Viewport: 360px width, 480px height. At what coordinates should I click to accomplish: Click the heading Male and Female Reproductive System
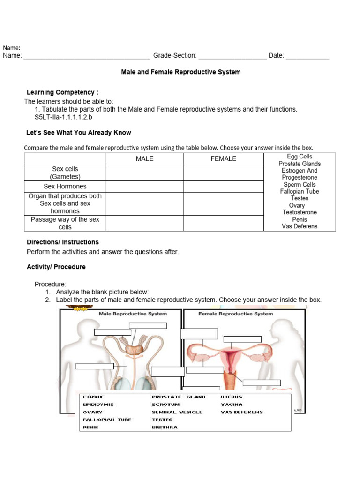(x=181, y=72)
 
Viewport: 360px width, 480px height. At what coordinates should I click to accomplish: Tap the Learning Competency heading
(x=62, y=92)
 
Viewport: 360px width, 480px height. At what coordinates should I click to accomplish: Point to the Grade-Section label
(x=175, y=55)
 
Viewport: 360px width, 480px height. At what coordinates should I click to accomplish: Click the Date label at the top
(x=276, y=55)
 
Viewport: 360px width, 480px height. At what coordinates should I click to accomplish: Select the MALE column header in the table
(x=144, y=159)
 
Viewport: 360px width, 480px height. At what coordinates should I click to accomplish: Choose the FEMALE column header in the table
(x=223, y=159)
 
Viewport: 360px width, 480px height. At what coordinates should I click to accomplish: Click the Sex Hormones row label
(x=65, y=186)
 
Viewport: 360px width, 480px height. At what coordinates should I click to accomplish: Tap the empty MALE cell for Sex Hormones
(x=144, y=186)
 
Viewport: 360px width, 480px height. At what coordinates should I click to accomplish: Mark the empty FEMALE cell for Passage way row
(x=223, y=223)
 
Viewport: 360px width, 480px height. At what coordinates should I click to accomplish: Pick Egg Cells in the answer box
(x=300, y=157)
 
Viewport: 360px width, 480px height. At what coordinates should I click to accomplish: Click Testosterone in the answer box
(x=300, y=212)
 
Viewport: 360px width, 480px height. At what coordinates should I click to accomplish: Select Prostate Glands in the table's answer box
(x=300, y=164)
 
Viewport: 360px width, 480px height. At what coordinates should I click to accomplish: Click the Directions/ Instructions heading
(x=63, y=242)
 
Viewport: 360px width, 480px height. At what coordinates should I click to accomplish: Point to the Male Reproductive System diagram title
(x=133, y=314)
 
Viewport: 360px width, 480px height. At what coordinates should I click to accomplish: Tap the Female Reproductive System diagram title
(x=236, y=314)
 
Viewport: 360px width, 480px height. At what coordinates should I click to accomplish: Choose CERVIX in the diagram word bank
(x=93, y=397)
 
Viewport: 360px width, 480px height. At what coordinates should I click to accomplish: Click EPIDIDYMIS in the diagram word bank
(x=98, y=405)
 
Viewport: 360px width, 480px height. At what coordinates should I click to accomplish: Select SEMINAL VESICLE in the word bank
(x=177, y=412)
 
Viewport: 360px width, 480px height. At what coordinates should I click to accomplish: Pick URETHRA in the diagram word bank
(x=165, y=427)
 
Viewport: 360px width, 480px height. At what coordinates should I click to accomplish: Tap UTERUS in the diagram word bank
(x=232, y=397)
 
